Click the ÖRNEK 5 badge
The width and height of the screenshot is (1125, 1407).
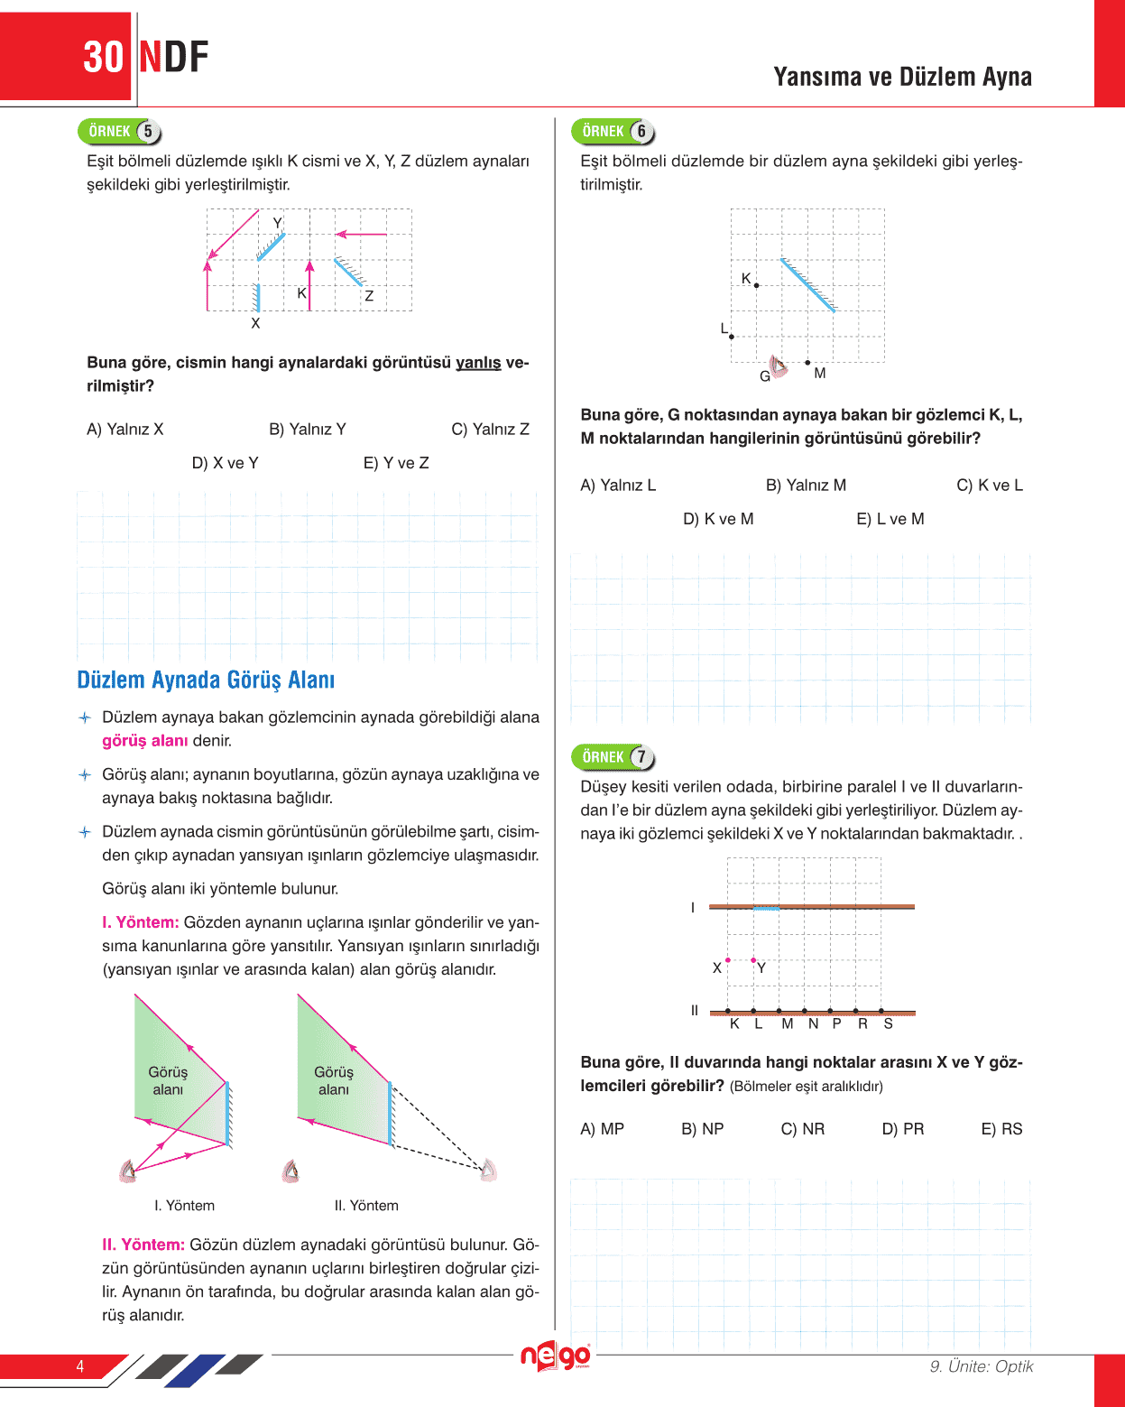click(119, 132)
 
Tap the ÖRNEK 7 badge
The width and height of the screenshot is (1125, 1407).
click(613, 757)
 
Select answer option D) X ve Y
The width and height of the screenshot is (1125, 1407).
click(225, 463)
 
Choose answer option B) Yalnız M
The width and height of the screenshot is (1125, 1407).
click(806, 486)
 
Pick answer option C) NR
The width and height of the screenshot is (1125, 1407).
click(802, 1129)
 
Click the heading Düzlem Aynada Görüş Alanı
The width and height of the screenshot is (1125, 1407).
click(206, 680)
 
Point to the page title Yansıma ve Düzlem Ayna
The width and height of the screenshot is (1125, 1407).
click(902, 77)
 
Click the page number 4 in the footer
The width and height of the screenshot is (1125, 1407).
click(80, 1366)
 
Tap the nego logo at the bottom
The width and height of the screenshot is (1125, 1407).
click(555, 1356)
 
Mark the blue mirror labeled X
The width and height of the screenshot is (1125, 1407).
click(257, 297)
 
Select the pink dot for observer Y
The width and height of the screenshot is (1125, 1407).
click(753, 960)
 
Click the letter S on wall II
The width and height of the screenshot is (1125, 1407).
click(889, 1023)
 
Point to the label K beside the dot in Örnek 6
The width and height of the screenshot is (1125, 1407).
click(746, 278)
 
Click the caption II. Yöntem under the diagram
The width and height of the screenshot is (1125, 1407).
click(366, 1206)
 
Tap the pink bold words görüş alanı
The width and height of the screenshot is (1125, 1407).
click(144, 741)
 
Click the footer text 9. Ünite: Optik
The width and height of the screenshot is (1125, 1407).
click(982, 1366)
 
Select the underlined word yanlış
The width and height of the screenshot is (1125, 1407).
click(478, 363)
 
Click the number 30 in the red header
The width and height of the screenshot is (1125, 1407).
click(103, 58)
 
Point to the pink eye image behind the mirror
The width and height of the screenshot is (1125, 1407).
click(488, 1171)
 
